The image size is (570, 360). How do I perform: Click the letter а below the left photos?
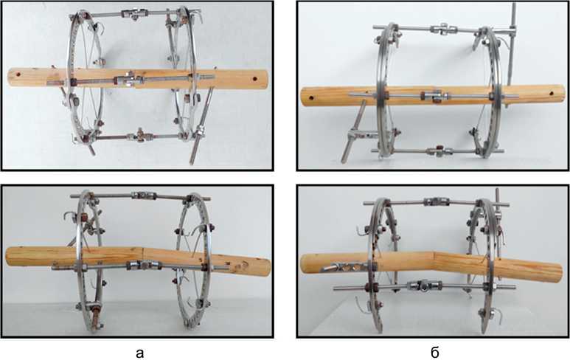coord(139,353)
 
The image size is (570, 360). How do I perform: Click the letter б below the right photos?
coord(435,352)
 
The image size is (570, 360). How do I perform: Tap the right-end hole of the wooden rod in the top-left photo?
coord(254,78)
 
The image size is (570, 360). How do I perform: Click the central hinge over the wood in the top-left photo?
coord(128,80)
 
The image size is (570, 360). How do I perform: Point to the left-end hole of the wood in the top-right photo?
coord(311,98)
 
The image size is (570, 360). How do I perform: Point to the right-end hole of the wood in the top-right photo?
coord(552,93)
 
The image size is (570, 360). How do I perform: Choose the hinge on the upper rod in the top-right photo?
coord(442,29)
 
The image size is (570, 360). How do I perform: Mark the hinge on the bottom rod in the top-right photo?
coord(439,151)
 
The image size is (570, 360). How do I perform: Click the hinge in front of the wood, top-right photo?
coord(435,97)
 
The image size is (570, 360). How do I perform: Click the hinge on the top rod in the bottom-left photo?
coord(145,195)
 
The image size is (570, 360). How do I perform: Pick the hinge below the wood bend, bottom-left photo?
coord(144,266)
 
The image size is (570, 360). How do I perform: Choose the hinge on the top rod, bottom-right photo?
coord(437,202)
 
